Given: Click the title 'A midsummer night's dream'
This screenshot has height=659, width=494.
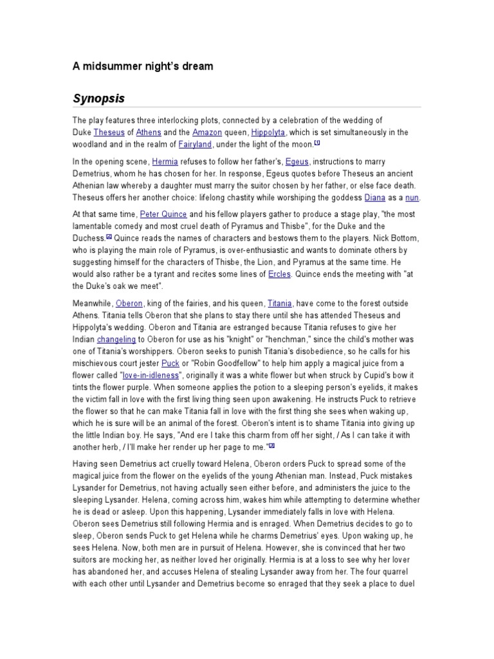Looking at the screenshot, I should coord(142,66).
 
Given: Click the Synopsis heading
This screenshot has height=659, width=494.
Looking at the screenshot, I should coord(98,98).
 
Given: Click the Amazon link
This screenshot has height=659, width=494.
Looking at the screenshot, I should coord(197,132).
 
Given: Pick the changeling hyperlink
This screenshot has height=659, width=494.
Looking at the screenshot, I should coord(116,339).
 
